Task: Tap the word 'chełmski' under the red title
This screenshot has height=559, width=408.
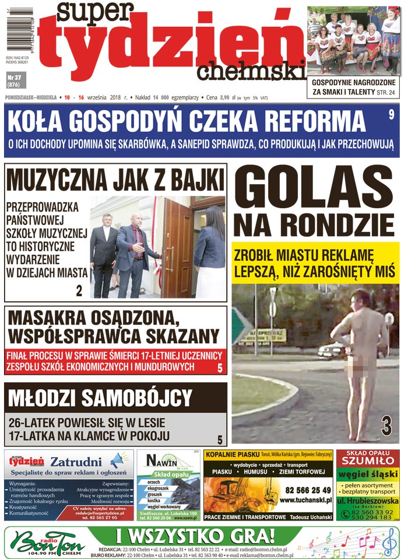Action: [251, 71]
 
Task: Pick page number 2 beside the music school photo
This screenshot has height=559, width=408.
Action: [79, 291]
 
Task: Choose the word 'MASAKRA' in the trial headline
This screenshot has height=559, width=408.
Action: [49, 319]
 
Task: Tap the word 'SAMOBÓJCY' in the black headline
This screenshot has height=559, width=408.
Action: [137, 398]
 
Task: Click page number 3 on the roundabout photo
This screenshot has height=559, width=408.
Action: [386, 426]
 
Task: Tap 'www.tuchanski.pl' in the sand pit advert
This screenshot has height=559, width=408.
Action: [305, 500]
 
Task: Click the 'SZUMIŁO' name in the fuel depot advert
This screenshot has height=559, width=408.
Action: [368, 461]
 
